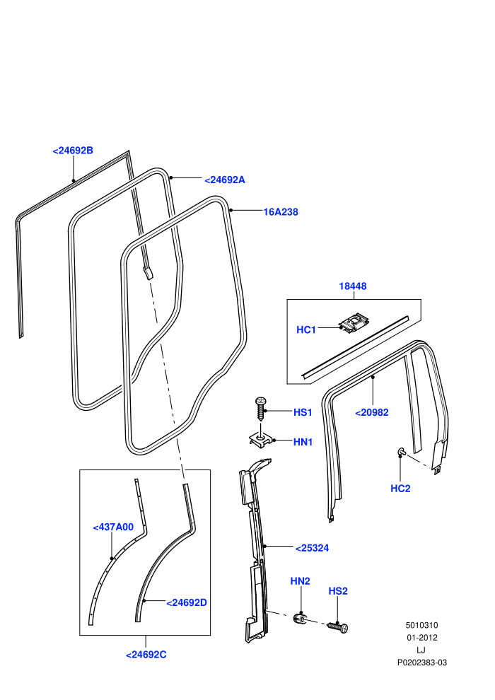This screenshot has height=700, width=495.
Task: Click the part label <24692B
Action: pos(73,151)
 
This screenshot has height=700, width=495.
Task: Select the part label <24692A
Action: pos(224,180)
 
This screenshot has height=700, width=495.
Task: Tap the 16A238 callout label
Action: pos(281,212)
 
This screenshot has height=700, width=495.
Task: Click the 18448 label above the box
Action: pos(353,286)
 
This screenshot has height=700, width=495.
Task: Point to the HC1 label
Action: pos(306,329)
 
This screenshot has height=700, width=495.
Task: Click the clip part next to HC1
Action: pos(354,322)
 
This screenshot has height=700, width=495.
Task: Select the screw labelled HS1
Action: pos(261,407)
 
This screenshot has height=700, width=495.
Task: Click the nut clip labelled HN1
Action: pos(260,439)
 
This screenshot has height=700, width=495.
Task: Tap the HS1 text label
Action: pos(303,412)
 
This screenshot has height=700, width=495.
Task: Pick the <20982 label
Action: pos(372,412)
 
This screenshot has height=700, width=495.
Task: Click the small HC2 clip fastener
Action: pos(401,453)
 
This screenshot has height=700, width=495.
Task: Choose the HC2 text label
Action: pos(400,489)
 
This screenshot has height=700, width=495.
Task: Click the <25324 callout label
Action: pos(312,548)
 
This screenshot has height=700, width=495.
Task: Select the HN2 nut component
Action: pos(300,618)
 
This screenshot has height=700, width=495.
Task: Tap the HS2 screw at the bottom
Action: pos(337,626)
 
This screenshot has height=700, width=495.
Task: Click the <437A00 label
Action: pos(113,527)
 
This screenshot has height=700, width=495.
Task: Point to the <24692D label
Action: pos(187,602)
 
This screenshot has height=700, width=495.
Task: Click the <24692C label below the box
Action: pos(146,655)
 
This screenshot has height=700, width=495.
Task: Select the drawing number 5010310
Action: pos(421,626)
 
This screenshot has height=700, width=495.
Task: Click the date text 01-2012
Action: pos(421,638)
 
